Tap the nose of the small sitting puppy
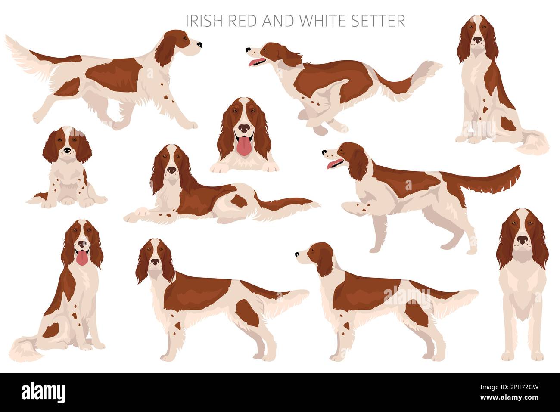[67, 151]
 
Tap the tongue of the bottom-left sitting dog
[81, 259]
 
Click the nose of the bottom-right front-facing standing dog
[523, 240]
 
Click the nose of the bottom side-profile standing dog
[297, 255]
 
